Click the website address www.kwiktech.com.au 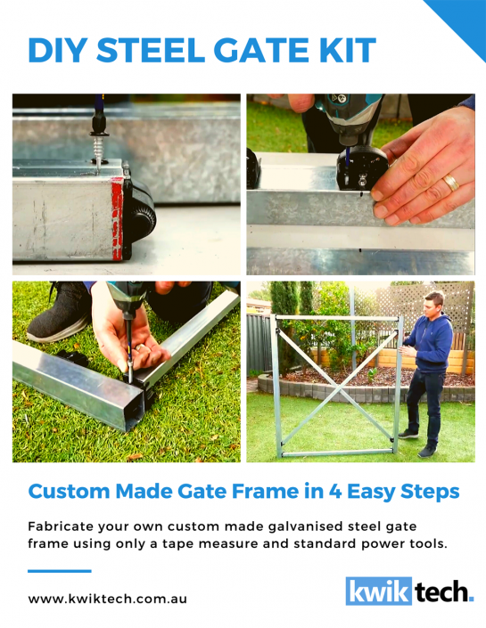tap(107, 599)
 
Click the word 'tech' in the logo tap(439, 591)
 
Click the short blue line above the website tap(60, 571)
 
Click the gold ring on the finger tap(452, 184)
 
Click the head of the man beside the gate tap(434, 303)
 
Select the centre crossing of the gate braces tap(338, 387)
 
